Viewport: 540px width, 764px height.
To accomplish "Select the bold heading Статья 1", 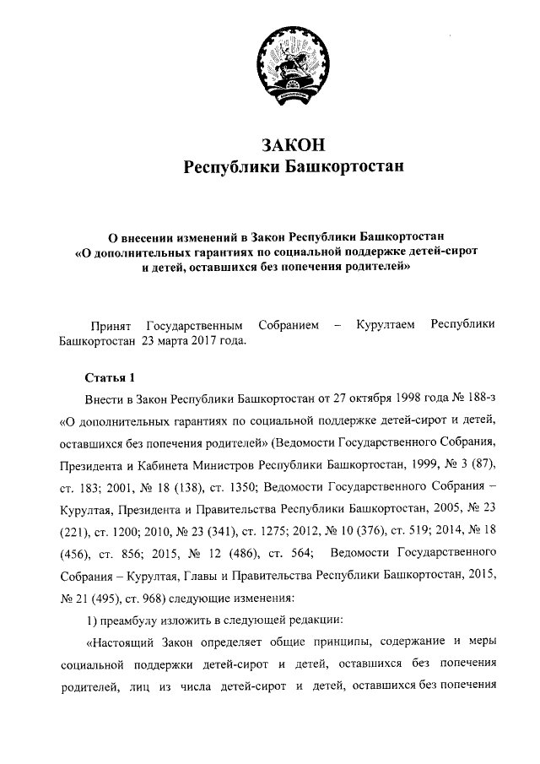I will point(109,376).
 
